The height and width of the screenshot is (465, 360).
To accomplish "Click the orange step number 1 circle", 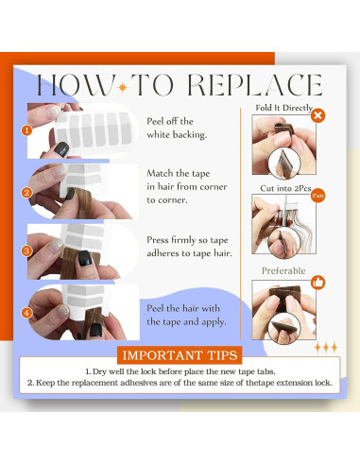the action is click(x=26, y=130).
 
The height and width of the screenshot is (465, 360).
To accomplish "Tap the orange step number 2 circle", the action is click(x=26, y=193).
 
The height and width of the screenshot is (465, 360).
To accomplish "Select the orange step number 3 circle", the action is click(x=26, y=250).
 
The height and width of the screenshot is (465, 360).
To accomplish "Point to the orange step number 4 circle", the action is click(x=26, y=313).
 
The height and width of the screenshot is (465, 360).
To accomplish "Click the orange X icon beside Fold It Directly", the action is click(x=318, y=115).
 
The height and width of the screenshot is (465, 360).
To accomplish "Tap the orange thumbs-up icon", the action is click(x=318, y=283).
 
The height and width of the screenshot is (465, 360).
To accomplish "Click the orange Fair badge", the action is click(x=317, y=196).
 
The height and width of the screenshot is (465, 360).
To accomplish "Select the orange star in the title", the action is click(x=123, y=87).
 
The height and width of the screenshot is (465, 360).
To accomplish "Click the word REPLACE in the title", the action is click(x=255, y=85).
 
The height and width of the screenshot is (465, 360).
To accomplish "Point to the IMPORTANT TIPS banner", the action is click(x=180, y=355).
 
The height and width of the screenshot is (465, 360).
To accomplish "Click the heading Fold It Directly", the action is click(x=283, y=108).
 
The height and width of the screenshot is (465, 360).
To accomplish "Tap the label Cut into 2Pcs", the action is click(x=285, y=188).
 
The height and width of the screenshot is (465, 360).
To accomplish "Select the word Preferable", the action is click(x=283, y=271).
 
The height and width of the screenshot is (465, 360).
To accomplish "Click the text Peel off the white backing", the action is click(x=177, y=128).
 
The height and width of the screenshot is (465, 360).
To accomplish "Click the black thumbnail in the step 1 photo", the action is click(x=61, y=149).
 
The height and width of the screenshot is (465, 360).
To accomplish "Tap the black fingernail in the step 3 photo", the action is click(x=85, y=258).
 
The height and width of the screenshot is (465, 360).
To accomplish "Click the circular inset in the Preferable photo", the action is click(x=284, y=328).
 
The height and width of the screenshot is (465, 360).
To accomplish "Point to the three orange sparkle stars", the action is click(x=326, y=348).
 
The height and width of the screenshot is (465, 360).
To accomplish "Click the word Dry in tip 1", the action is click(x=99, y=371).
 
